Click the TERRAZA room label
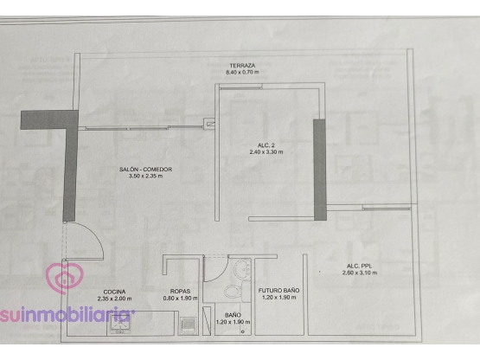pyautogui.click(x=242, y=66)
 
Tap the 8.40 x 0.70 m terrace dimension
pyautogui.click(x=242, y=73)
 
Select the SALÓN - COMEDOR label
pyautogui.click(x=145, y=169)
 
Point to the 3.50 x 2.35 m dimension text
pyautogui.click(x=145, y=177)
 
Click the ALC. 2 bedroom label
pyautogui.click(x=266, y=145)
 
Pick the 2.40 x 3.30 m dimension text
pyautogui.click(x=266, y=152)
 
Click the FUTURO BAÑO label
pyautogui.click(x=278, y=291)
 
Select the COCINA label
pyautogui.click(x=114, y=292)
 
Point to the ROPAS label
pyautogui.click(x=180, y=292)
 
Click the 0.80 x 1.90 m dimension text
pyautogui.click(x=180, y=299)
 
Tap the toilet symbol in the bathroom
pyautogui.click(x=234, y=292)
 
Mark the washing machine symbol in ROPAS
pyautogui.click(x=188, y=325)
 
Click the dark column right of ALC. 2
pyautogui.click(x=320, y=170)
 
